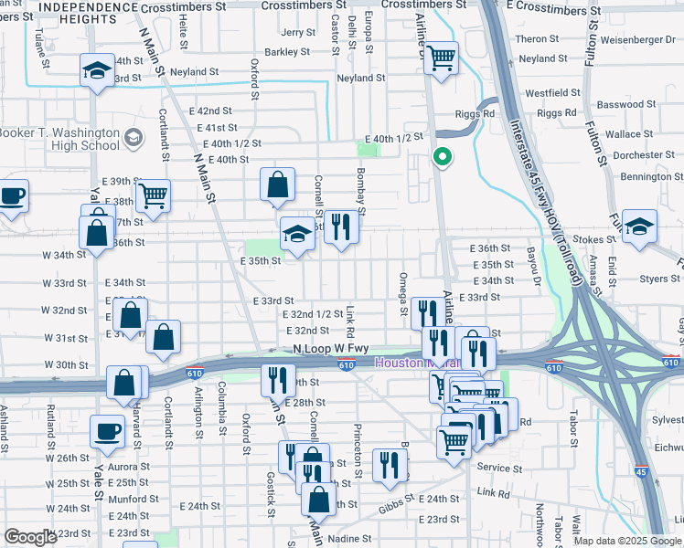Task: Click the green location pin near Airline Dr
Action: [443, 158]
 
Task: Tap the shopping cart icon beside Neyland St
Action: [443, 58]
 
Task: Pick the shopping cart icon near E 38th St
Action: [153, 195]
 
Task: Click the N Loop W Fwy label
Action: [331, 349]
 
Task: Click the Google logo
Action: [30, 537]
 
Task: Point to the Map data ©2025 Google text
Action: [627, 541]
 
